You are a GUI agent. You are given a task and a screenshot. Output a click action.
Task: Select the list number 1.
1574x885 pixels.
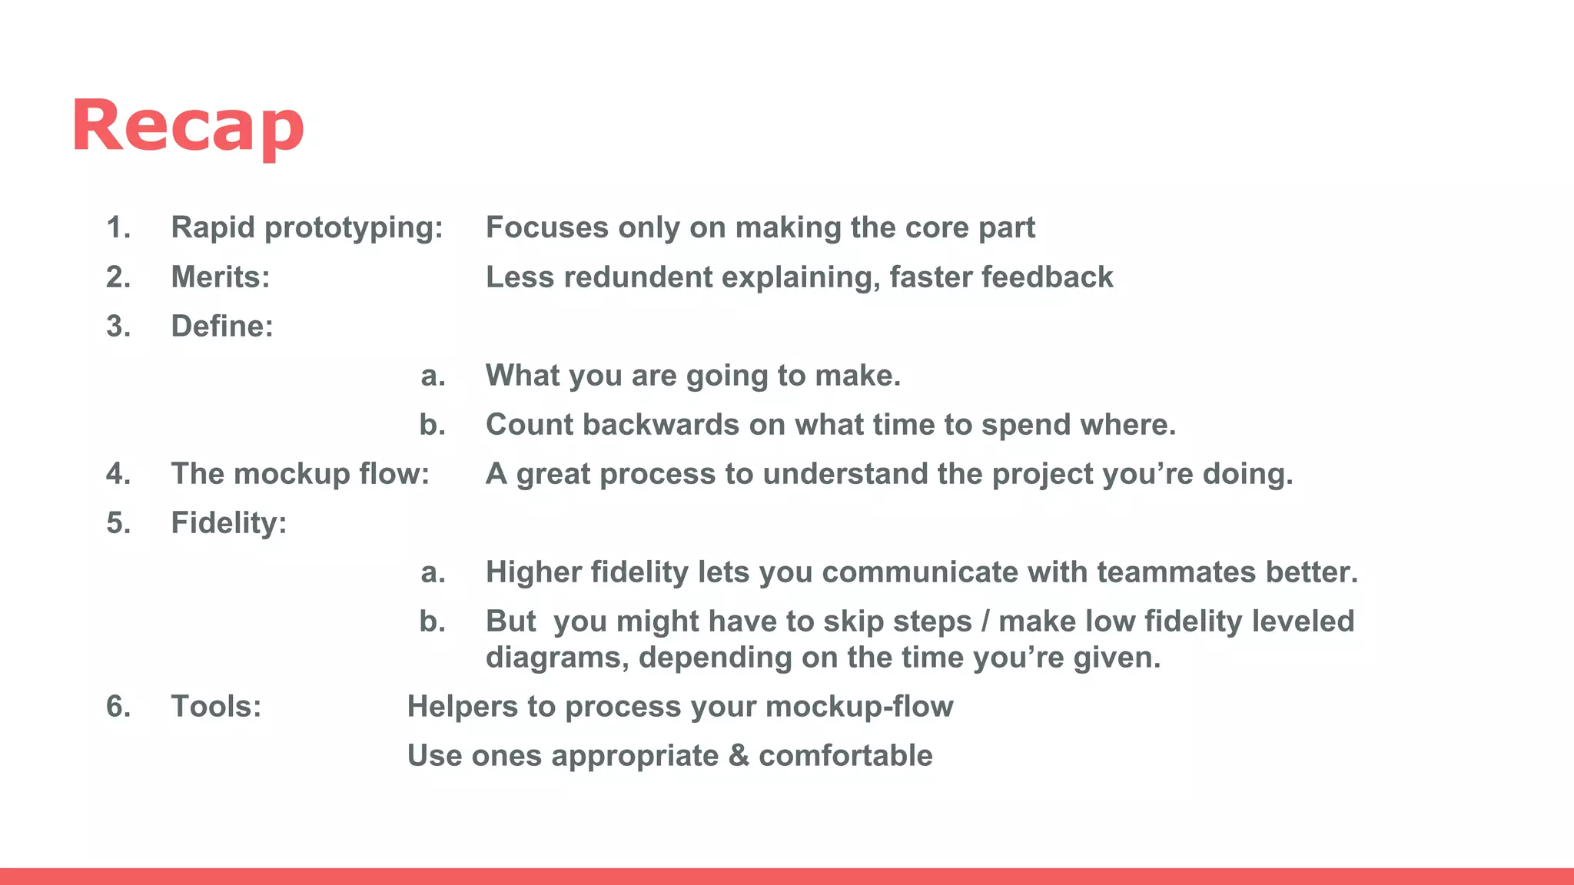click(118, 227)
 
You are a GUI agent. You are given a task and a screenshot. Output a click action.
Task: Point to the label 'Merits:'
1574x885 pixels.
click(221, 277)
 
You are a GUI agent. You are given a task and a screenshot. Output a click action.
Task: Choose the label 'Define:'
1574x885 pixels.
click(222, 326)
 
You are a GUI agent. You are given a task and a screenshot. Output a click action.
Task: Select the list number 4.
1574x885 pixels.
click(118, 473)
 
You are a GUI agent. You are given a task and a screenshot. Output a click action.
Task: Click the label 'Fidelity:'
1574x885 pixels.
click(229, 522)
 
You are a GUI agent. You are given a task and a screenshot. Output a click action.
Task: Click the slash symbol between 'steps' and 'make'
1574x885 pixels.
click(985, 621)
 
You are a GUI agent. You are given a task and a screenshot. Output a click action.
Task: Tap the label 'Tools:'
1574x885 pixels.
click(216, 706)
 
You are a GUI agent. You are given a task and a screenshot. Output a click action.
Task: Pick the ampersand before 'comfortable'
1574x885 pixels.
click(739, 755)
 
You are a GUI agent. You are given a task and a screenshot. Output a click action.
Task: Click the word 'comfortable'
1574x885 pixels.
click(845, 755)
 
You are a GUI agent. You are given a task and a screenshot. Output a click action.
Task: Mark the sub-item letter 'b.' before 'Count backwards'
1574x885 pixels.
click(433, 424)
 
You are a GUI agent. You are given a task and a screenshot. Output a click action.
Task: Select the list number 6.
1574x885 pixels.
click(118, 706)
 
